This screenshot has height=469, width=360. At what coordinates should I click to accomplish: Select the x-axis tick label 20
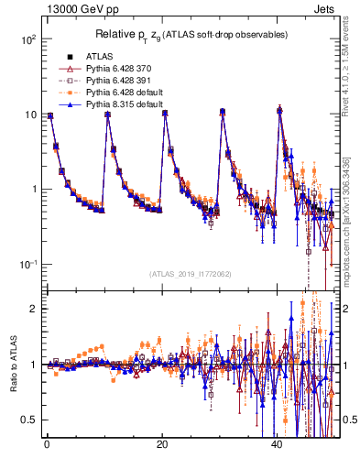click(162, 445)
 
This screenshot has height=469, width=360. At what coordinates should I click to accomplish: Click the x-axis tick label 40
click(278, 445)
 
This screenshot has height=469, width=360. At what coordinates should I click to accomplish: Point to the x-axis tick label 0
click(47, 445)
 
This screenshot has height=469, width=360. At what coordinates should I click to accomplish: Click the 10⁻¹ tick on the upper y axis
click(27, 264)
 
